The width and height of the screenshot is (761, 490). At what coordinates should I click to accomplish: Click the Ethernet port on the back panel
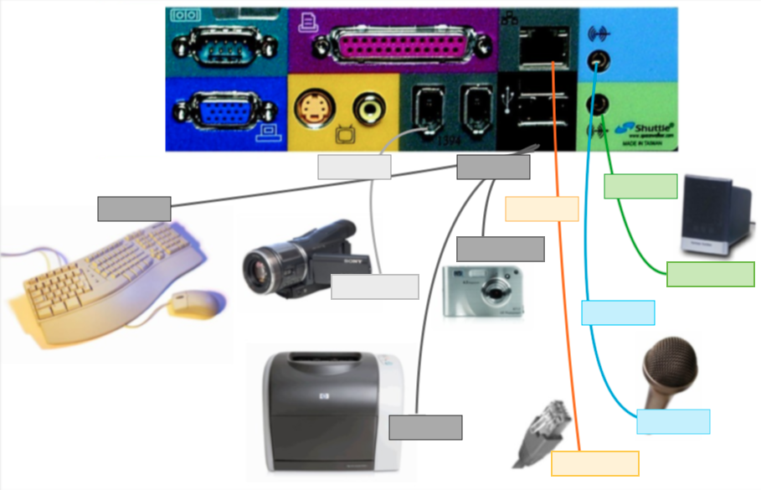tap(543, 45)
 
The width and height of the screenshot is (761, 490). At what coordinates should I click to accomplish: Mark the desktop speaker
tap(711, 214)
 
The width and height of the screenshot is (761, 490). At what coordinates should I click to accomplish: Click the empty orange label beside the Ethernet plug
tap(594, 463)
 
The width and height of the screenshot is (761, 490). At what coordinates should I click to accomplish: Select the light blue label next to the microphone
tap(673, 421)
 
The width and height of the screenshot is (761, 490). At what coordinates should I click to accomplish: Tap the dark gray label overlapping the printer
tap(425, 427)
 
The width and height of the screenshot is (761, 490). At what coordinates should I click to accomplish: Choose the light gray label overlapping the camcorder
tap(374, 286)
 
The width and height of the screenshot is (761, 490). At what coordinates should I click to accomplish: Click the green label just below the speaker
tap(710, 274)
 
